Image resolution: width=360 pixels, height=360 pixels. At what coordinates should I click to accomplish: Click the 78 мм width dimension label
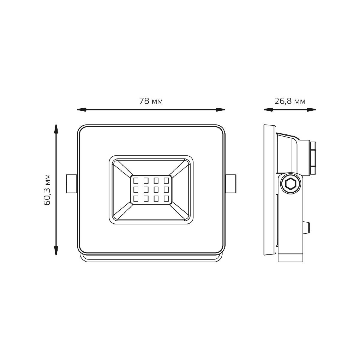coord(151,101)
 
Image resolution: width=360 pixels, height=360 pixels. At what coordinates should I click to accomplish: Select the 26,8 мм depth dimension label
coord(290,101)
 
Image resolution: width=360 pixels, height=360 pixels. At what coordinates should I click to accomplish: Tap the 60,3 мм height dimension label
coord(47,190)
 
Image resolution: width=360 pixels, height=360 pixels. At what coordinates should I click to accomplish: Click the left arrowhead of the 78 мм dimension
coord(82,110)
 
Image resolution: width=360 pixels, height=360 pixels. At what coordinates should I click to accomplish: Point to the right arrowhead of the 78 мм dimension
coord(220,110)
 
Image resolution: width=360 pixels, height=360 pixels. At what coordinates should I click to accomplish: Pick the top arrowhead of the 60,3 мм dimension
coord(56,129)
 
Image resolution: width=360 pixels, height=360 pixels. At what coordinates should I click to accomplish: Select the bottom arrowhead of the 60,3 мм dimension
coord(56,250)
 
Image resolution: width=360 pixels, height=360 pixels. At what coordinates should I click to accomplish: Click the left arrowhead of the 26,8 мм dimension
coord(268,110)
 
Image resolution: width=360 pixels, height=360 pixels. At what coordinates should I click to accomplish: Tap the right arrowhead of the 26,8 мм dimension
coord(311,110)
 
